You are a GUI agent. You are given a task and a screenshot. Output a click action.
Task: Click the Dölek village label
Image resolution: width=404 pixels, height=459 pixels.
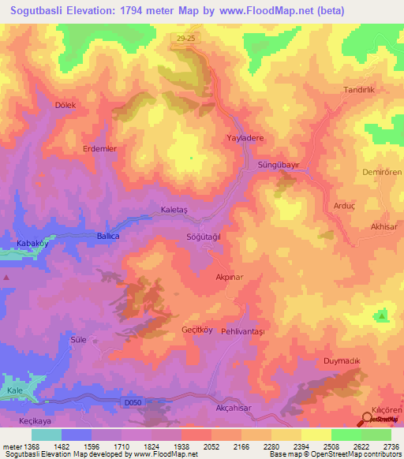click(x=65, y=104)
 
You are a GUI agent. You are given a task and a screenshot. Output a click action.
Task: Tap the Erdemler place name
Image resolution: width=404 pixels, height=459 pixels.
click(x=100, y=148)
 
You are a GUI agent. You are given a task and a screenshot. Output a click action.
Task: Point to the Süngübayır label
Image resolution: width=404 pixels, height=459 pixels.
click(x=279, y=165)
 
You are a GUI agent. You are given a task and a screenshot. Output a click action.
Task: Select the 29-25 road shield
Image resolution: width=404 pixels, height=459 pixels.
click(x=183, y=37)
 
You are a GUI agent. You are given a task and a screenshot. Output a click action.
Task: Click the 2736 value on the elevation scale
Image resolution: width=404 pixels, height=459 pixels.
click(x=390, y=447)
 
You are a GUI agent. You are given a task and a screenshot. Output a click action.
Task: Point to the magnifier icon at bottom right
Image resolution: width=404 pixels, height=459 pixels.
click(x=368, y=420)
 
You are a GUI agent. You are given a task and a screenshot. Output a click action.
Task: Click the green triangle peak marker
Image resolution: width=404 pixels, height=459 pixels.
click(x=383, y=316)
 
